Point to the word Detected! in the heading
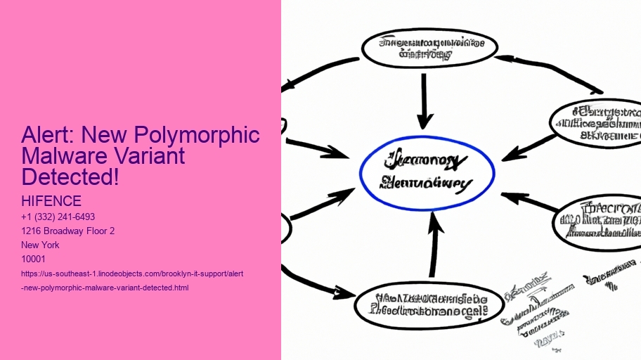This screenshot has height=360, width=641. point(70,176)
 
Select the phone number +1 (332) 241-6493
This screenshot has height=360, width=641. point(58,217)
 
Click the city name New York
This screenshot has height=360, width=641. point(40,245)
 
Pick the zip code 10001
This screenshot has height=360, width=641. point(34,259)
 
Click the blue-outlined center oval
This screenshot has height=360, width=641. point(427,173)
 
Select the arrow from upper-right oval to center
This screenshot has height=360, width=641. point(529,146)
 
